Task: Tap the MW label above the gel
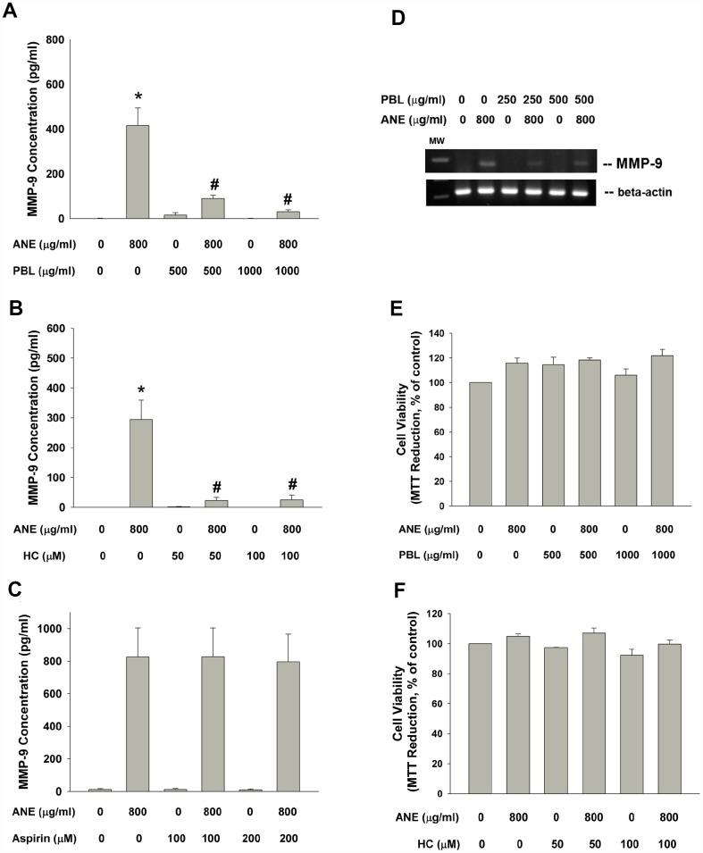(439, 140)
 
